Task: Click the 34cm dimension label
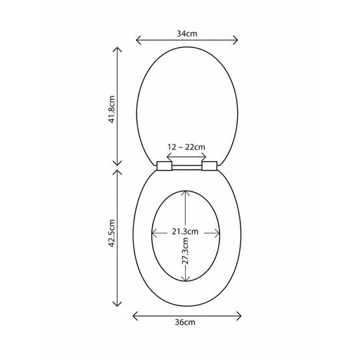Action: point(187,34)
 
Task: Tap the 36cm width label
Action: point(185,322)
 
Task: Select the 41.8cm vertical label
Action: point(112,110)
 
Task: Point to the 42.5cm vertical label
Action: point(112,233)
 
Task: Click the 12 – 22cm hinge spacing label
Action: point(186,147)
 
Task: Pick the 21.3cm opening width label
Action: point(185,231)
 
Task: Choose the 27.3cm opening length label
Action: point(185,251)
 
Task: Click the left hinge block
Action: point(164,166)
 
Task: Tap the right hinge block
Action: point(209,166)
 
